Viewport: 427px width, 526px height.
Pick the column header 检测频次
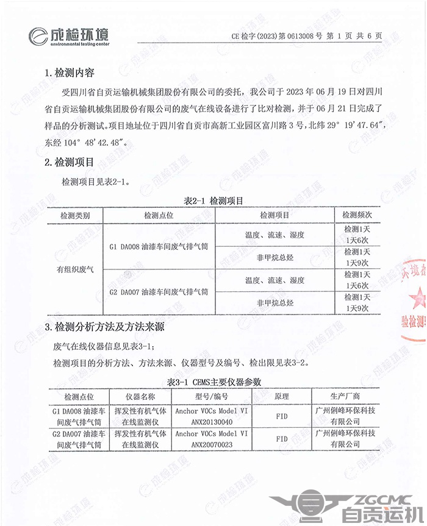pyautogui.click(x=357, y=215)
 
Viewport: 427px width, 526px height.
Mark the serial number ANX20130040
pyautogui.click(x=211, y=420)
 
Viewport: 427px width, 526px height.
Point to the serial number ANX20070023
pyautogui.click(x=211, y=445)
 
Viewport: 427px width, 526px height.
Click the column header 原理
pyautogui.click(x=282, y=396)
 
